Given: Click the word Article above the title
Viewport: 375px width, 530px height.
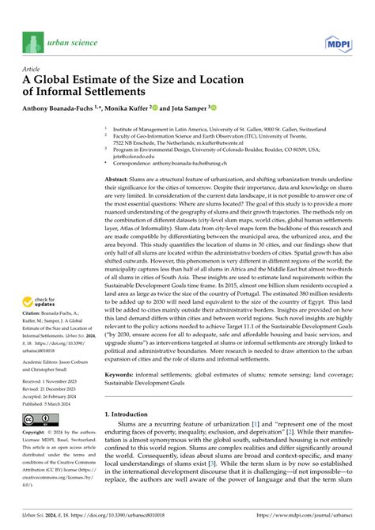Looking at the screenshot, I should click(32, 69).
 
